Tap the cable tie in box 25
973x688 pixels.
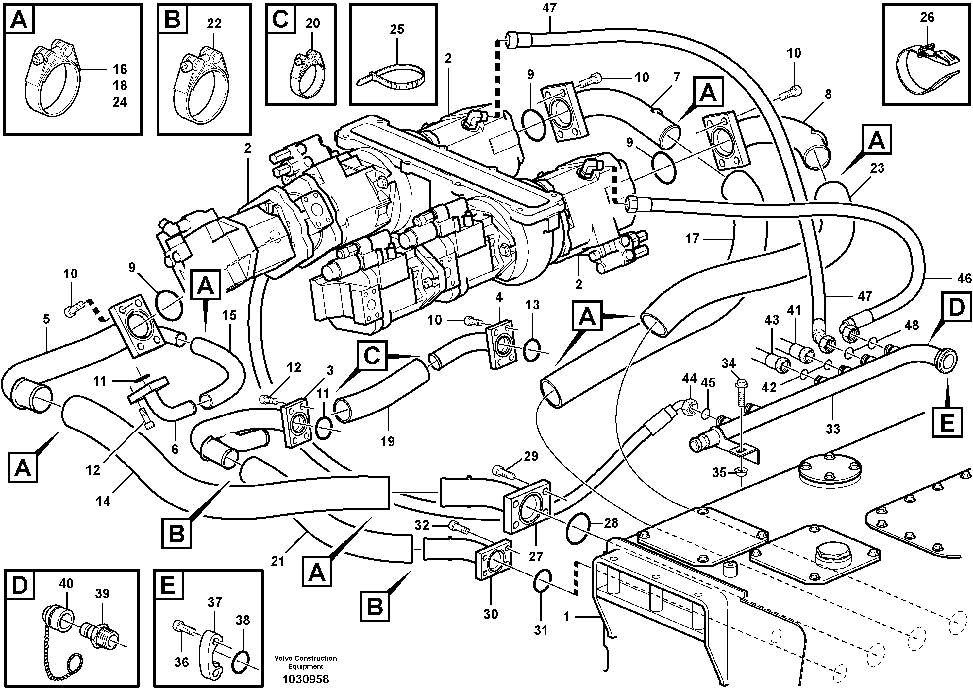pyautogui.click(x=392, y=74)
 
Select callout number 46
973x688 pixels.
pyautogui.click(x=965, y=279)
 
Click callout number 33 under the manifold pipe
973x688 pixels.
pyautogui.click(x=833, y=429)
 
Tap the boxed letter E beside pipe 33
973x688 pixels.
pyautogui.click(x=947, y=422)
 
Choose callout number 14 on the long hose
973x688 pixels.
pyautogui.click(x=103, y=502)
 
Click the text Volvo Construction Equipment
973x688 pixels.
pyautogui.click(x=305, y=662)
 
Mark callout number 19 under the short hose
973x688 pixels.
pyautogui.click(x=387, y=442)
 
